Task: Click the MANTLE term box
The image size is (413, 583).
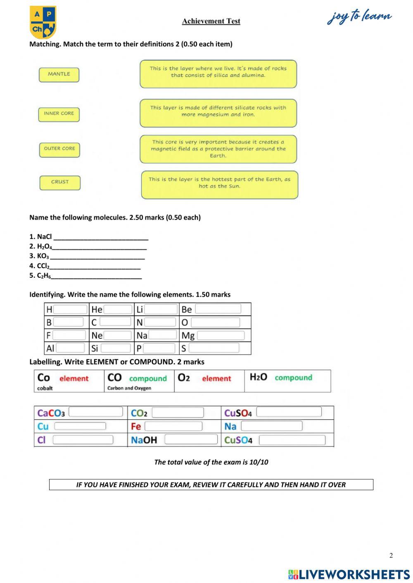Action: [59, 75]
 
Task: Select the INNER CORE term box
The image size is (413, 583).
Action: [59, 114]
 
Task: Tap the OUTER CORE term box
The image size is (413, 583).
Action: [59, 149]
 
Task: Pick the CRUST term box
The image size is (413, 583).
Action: [60, 182]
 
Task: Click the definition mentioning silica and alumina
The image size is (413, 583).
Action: [218, 73]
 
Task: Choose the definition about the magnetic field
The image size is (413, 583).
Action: [218, 149]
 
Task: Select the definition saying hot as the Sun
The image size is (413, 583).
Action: [219, 184]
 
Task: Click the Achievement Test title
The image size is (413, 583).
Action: [211, 21]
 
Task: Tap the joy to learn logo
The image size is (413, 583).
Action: [359, 17]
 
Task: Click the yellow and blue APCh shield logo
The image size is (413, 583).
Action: [43, 22]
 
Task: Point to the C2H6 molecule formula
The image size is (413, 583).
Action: [44, 276]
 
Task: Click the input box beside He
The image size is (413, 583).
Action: [118, 309]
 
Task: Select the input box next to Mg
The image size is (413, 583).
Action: [221, 335]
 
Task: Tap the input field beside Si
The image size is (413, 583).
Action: [116, 348]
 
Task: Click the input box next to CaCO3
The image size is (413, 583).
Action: [95, 412]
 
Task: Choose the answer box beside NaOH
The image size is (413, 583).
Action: [191, 439]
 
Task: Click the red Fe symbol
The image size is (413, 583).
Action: [136, 426]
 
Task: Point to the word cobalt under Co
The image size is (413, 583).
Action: [45, 388]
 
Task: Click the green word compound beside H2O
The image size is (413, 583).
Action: [293, 378]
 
